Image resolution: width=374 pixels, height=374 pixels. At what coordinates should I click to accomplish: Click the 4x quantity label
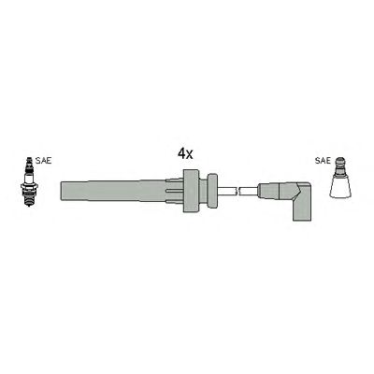(x=185, y=154)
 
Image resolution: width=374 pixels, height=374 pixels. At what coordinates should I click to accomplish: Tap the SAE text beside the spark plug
(x=43, y=161)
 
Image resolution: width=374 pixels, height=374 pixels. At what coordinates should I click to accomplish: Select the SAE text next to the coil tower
(x=323, y=161)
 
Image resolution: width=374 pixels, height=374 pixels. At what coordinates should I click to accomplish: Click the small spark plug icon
(x=29, y=181)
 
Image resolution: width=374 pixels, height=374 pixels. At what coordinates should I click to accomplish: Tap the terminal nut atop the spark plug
(x=29, y=161)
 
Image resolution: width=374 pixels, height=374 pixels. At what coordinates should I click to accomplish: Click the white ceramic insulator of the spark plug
(x=29, y=177)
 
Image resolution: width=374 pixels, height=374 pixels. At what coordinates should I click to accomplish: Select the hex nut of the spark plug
(x=29, y=186)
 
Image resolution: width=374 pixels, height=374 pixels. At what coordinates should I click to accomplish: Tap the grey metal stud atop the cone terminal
(x=340, y=165)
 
